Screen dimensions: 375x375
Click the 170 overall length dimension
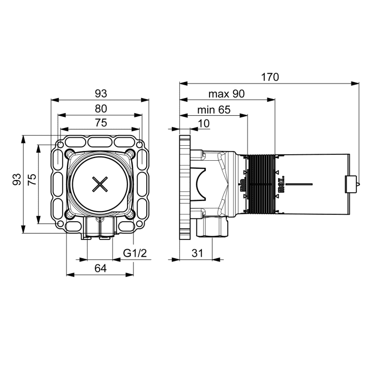click(x=270, y=77)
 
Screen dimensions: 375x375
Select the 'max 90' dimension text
click(x=227, y=94)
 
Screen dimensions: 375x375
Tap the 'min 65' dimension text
click(x=214, y=110)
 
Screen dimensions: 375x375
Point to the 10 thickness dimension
click(x=204, y=124)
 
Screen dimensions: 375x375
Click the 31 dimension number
click(x=197, y=253)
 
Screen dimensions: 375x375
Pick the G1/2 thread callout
click(x=135, y=253)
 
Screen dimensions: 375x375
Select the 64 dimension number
click(x=101, y=268)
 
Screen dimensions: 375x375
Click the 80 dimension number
click(x=101, y=109)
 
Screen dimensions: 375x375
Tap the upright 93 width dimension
click(x=101, y=94)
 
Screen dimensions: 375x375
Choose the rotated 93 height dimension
click(x=17, y=179)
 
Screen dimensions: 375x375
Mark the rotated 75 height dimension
click(x=32, y=179)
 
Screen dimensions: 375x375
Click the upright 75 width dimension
click(x=101, y=123)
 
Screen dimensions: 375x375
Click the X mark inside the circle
click(x=100, y=184)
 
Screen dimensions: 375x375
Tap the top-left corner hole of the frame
click(x=61, y=145)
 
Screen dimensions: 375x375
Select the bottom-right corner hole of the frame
click(x=140, y=224)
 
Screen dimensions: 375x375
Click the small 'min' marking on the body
click(x=242, y=184)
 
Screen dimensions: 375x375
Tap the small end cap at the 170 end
click(x=351, y=184)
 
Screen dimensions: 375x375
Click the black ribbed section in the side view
click(x=261, y=184)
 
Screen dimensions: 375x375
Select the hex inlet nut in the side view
click(x=212, y=226)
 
